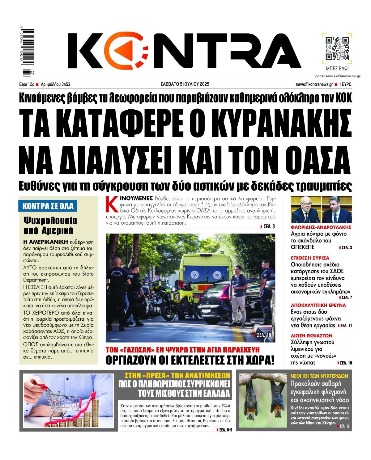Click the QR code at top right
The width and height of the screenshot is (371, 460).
[337, 49]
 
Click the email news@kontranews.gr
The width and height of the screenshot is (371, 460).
[314, 84]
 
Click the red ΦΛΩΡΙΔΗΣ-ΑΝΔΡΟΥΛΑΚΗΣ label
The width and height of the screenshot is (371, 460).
[321, 227]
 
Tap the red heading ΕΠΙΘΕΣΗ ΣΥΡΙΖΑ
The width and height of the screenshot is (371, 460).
[305, 257]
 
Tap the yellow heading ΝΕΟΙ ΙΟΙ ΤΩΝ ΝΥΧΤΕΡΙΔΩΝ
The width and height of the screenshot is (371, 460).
[319, 376]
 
